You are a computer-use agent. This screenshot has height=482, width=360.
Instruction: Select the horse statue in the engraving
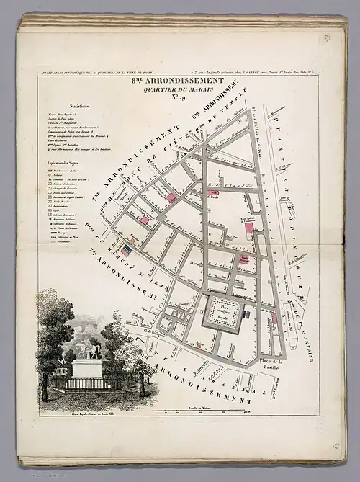[x=88, y=351]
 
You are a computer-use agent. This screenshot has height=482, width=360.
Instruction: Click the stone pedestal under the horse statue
[x=88, y=369]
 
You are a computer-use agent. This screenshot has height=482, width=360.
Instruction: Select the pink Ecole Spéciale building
[x=249, y=227]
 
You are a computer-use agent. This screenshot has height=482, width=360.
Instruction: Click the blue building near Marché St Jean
[x=127, y=250]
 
